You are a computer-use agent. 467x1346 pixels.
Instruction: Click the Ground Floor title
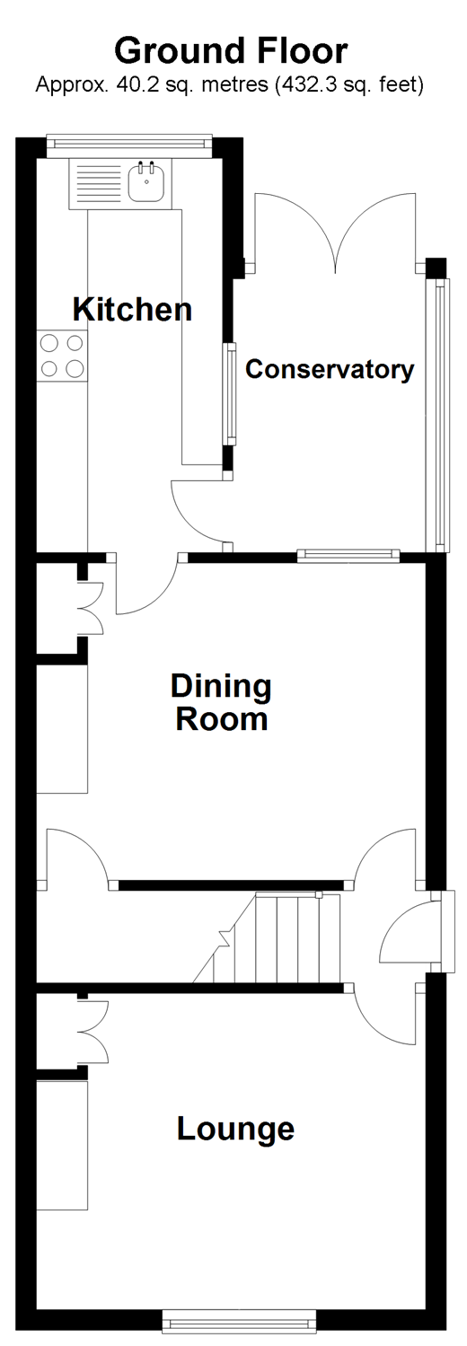coord(231,51)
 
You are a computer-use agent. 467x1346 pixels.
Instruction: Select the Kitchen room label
coord(132,309)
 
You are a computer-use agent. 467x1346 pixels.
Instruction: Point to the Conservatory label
coord(330,369)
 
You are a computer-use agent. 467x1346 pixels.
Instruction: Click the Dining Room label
coord(221,702)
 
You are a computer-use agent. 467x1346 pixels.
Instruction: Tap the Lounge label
coord(235,1129)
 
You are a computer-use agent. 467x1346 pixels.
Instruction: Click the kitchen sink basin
coord(146,180)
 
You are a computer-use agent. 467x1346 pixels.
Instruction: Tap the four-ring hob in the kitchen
coord(63,356)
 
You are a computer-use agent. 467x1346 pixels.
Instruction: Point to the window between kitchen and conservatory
coord(230,393)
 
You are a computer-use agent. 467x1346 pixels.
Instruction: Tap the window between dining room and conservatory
coord(348,556)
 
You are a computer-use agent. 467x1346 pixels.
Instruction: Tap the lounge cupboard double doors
coord(93,1032)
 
